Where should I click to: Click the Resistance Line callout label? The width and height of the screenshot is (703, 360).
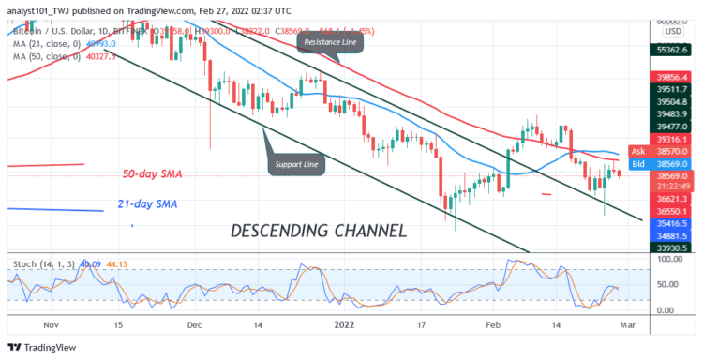pos(328,43)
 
